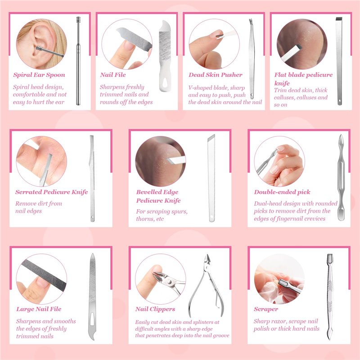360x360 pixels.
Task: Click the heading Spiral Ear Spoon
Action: (39, 75)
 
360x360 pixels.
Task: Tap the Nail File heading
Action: (113, 75)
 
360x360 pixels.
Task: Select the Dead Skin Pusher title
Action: (216, 75)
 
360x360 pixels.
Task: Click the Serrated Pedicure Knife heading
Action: (51, 192)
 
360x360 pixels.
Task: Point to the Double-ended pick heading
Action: (282, 192)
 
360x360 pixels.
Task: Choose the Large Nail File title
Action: (39, 309)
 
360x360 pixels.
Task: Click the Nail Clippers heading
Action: (155, 309)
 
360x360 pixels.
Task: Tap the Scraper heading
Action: (266, 309)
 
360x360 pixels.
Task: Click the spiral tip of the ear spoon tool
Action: (78, 20)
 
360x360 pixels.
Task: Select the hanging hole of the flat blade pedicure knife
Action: (340, 101)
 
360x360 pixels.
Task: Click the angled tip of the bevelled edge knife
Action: (211, 138)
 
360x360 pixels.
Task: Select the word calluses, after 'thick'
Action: (283, 98)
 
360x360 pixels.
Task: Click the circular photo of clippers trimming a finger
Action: (160, 279)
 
